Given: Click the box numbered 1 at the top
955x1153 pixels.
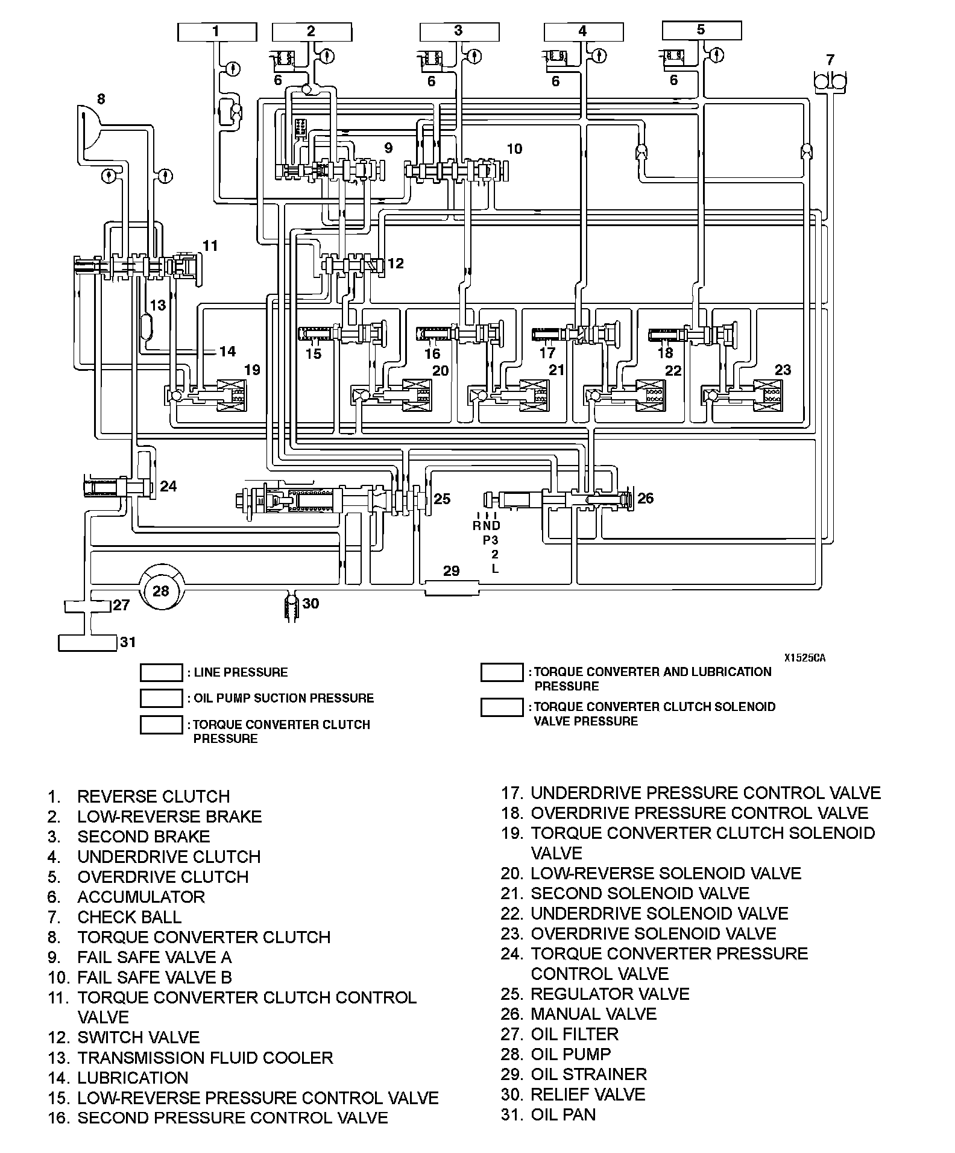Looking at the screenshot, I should (x=216, y=32).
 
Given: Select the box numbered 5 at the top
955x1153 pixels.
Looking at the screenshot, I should (x=701, y=30).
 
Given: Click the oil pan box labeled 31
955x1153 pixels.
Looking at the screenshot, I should (x=87, y=643).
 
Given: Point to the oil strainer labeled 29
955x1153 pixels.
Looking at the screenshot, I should (x=452, y=587).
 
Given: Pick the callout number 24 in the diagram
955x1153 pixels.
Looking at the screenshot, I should (x=168, y=486).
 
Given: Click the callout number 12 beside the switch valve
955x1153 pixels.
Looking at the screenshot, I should (x=396, y=264).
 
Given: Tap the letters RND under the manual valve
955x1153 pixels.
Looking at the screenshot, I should (x=487, y=526).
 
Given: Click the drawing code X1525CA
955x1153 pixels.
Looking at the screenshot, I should (x=805, y=658).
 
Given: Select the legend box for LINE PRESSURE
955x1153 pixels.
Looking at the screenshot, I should (x=161, y=672).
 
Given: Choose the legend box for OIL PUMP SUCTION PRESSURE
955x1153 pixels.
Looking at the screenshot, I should (x=161, y=698).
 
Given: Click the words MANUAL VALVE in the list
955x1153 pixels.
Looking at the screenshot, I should (x=593, y=1014).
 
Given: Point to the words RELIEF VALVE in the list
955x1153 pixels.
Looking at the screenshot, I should (x=588, y=1094).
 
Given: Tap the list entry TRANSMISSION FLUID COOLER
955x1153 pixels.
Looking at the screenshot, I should (x=205, y=1058).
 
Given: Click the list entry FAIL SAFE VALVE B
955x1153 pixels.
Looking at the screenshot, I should (x=154, y=977).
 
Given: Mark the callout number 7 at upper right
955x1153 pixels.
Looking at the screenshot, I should (x=830, y=60).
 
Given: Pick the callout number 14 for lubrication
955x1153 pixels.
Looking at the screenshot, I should (x=227, y=351).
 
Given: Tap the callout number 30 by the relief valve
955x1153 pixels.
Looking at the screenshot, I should (x=310, y=604).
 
